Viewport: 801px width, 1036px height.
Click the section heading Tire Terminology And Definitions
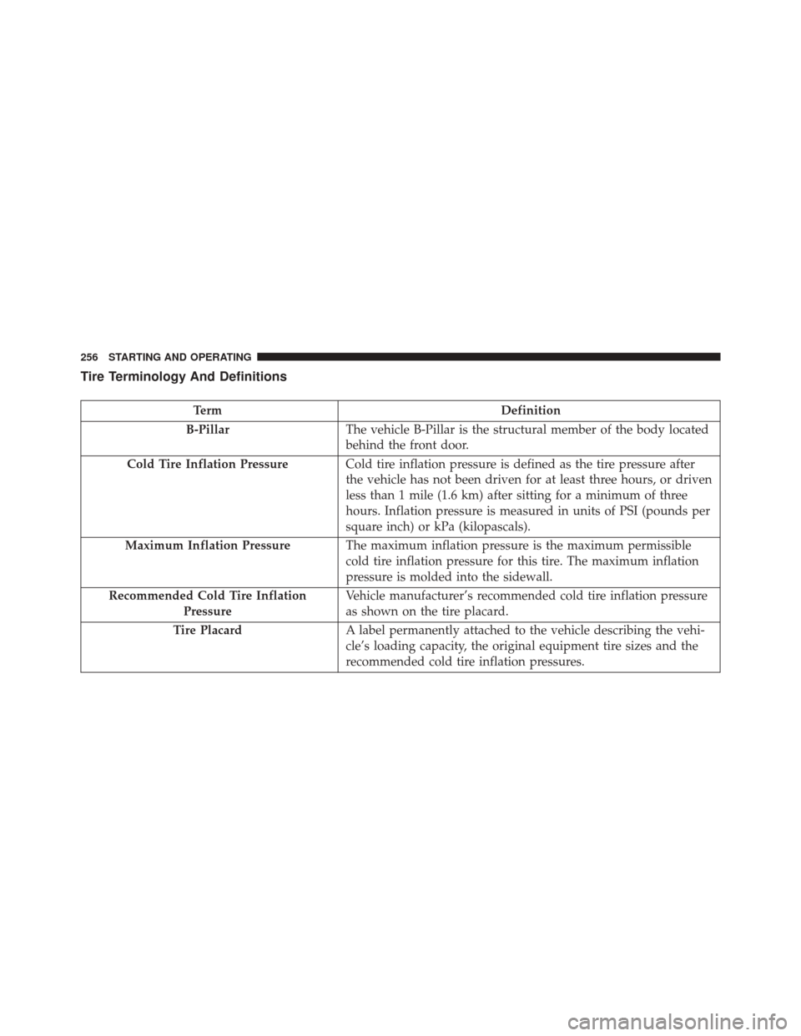coord(184,377)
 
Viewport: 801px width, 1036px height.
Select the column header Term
coord(208,410)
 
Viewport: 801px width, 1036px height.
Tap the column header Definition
coord(531,410)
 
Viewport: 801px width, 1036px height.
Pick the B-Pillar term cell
coord(208,430)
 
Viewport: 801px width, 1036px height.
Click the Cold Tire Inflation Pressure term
coord(208,464)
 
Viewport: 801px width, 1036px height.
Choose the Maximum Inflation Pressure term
coord(208,546)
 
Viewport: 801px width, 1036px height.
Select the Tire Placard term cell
coord(208,631)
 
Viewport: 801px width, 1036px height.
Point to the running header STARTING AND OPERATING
coord(179,357)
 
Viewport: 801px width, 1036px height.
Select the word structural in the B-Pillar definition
coord(516,430)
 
